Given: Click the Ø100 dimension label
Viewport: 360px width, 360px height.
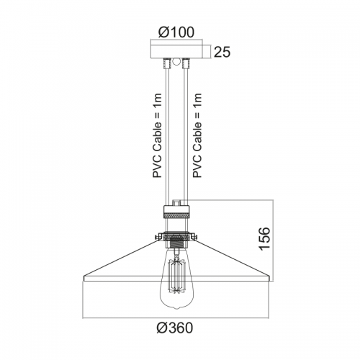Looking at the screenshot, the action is [176, 32].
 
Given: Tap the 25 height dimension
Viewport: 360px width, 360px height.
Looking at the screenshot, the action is [222, 52].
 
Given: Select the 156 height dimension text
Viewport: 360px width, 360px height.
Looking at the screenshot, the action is [265, 238].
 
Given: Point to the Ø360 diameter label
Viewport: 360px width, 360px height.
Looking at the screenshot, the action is [175, 328].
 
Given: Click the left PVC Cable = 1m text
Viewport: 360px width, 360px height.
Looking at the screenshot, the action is [158, 135].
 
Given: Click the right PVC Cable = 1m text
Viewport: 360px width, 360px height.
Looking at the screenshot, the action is [197, 135].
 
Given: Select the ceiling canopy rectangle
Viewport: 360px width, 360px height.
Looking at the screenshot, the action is [176, 52].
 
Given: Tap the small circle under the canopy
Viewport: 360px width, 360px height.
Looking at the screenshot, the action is [176, 61].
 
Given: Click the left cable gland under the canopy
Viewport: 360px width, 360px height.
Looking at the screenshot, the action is [166, 63].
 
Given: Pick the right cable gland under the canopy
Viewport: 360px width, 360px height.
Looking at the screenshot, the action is [186, 63].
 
